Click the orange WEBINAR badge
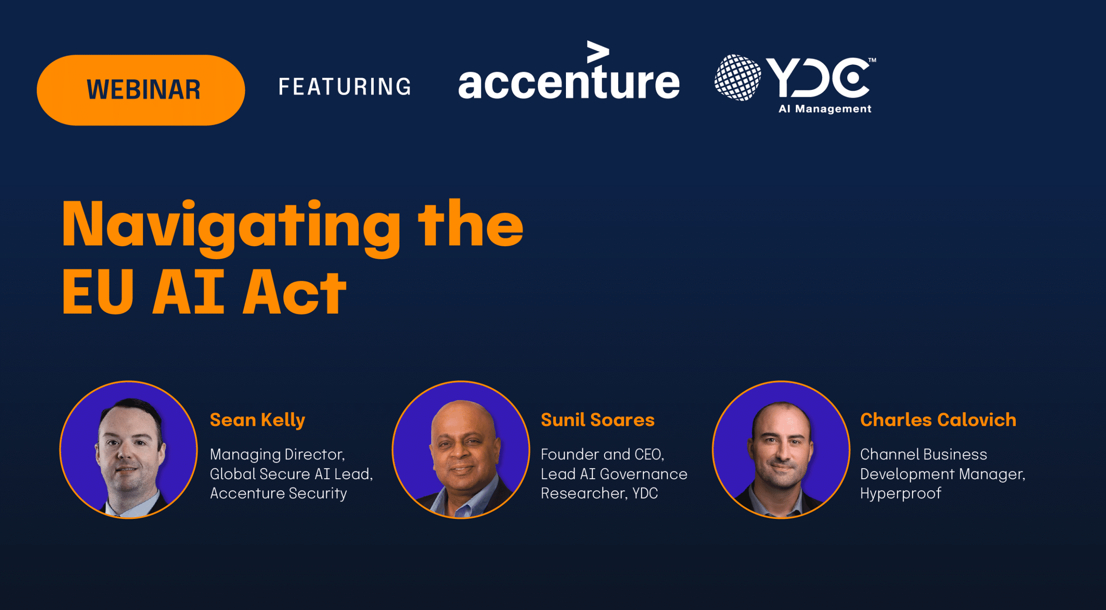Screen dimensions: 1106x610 (141, 90)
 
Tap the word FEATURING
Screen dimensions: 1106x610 (345, 86)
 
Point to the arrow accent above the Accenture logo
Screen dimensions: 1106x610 (598, 52)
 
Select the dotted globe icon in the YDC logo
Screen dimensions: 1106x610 (737, 78)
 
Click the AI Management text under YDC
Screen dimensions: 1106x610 (825, 109)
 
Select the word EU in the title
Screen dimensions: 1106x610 (98, 292)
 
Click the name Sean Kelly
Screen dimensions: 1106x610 (257, 420)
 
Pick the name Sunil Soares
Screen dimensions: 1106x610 (597, 420)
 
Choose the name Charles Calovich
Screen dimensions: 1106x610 (938, 420)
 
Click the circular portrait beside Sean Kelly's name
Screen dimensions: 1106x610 (128, 449)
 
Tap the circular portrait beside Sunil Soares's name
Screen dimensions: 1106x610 (461, 449)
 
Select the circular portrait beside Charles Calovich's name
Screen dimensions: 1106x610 (781, 449)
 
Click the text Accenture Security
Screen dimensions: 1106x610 (278, 493)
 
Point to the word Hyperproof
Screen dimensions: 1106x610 (901, 493)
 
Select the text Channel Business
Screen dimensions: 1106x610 (924, 454)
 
